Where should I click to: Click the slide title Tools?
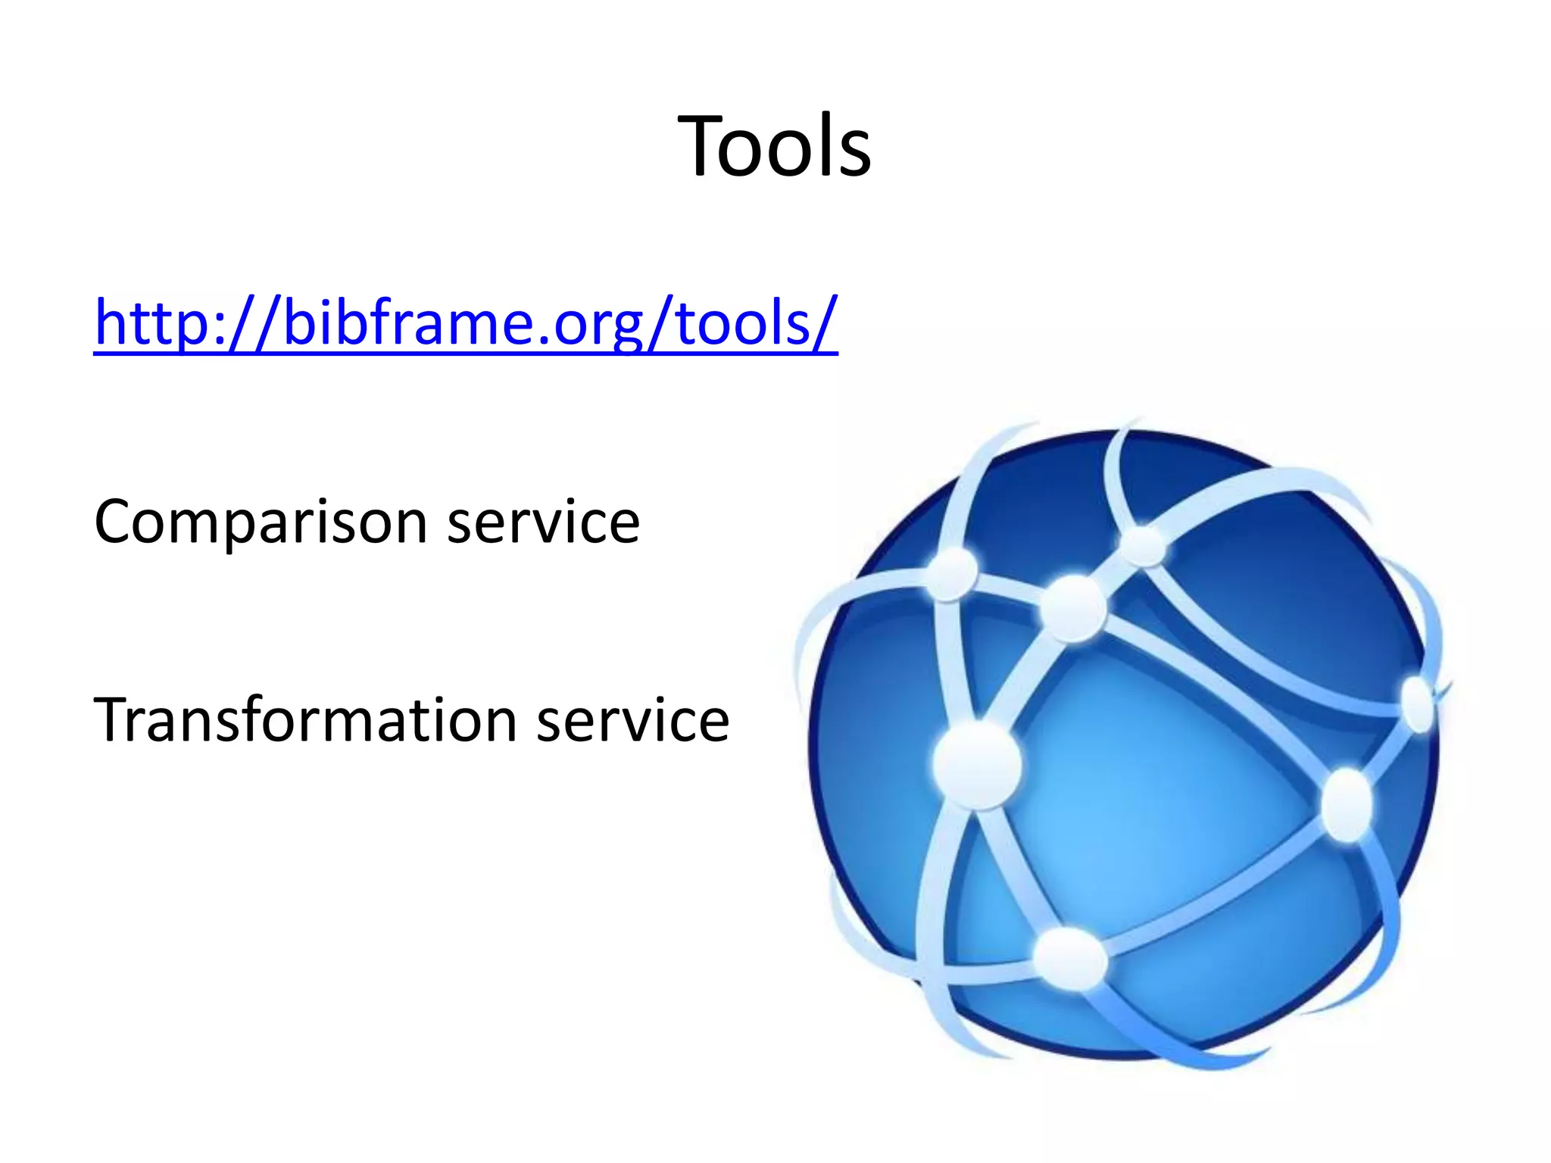tap(774, 145)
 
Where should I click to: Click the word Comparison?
tap(261, 522)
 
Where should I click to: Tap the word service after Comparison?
tap(543, 522)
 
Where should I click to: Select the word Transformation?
tap(305, 720)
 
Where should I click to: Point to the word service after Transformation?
tap(633, 720)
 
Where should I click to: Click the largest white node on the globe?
tap(977, 765)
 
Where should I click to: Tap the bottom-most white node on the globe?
tap(1069, 959)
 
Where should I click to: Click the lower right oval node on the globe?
tap(1347, 804)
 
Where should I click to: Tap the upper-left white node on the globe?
tap(951, 573)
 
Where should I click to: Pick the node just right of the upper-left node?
tap(1073, 608)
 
